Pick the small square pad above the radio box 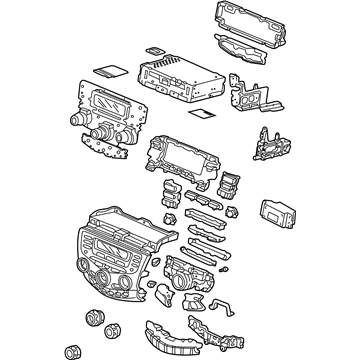coord(155,47)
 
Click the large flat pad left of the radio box coord(107,69)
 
